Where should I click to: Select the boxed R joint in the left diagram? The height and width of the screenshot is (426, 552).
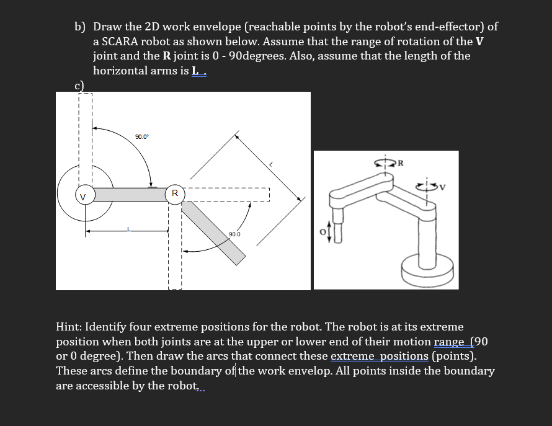175,193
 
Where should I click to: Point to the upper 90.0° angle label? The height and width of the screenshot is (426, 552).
142,136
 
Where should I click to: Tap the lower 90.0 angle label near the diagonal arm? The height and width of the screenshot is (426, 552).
234,234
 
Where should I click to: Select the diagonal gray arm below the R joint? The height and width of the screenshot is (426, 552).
214,233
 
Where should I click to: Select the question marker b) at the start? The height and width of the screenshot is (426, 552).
80,27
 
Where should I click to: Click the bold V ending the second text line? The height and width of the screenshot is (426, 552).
479,42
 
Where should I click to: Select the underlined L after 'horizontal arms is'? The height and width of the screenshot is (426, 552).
196,71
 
